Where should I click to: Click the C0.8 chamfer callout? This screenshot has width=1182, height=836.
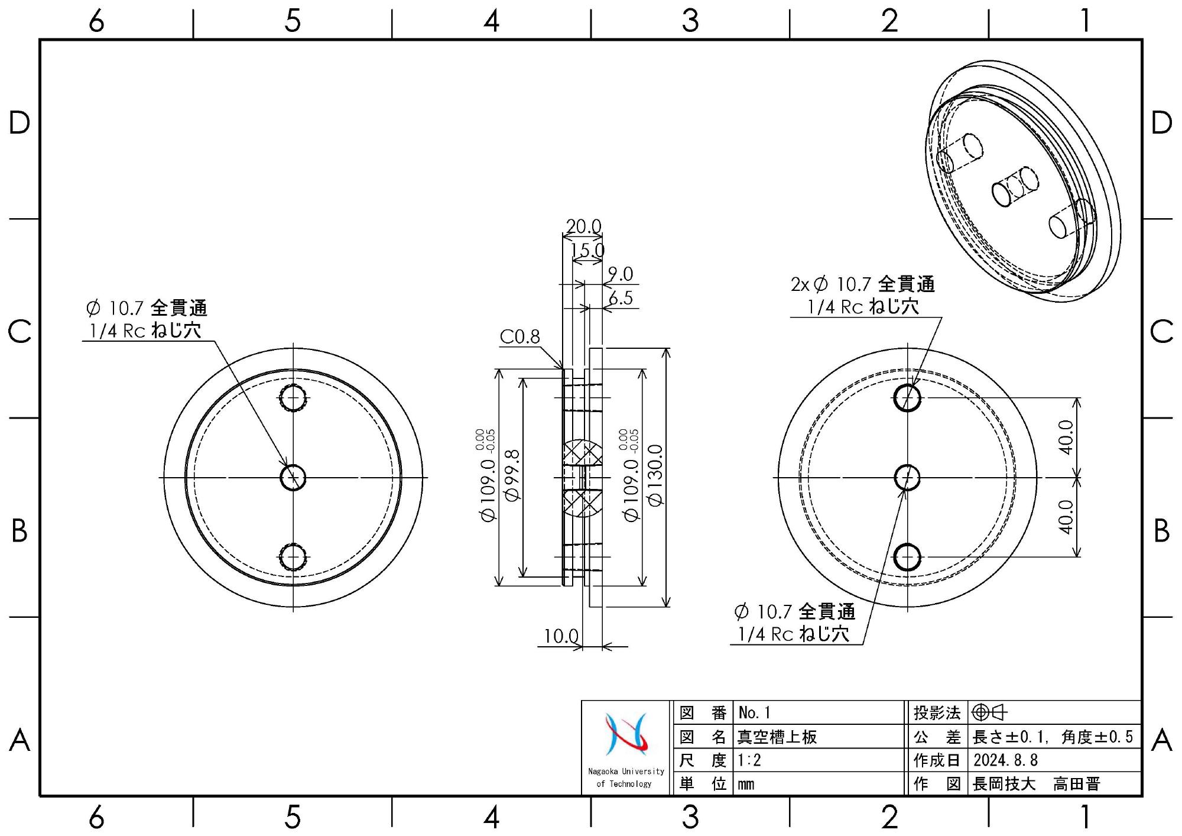(x=519, y=336)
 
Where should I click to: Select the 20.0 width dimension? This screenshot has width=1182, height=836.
(x=583, y=226)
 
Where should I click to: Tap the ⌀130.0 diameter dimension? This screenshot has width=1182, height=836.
(x=656, y=475)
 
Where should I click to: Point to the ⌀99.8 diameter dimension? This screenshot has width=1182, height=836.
(x=512, y=475)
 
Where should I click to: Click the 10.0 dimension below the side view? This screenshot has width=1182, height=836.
(x=561, y=636)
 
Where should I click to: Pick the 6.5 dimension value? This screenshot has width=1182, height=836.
(x=621, y=298)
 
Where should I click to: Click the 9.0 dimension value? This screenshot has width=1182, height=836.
(x=621, y=274)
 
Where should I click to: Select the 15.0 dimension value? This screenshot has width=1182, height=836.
(x=587, y=250)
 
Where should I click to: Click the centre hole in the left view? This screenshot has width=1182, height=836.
(x=293, y=477)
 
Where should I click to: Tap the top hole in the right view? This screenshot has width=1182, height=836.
(x=907, y=398)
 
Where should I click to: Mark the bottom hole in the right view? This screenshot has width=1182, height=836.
(x=907, y=557)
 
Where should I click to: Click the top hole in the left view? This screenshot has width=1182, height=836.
(x=293, y=398)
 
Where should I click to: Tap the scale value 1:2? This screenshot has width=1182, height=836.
(x=749, y=760)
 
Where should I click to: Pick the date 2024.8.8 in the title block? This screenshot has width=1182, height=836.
(x=1005, y=760)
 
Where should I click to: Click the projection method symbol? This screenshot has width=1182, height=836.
(x=989, y=712)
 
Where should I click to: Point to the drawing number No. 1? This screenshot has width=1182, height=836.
(x=754, y=712)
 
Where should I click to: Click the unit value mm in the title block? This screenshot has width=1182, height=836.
(x=746, y=785)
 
